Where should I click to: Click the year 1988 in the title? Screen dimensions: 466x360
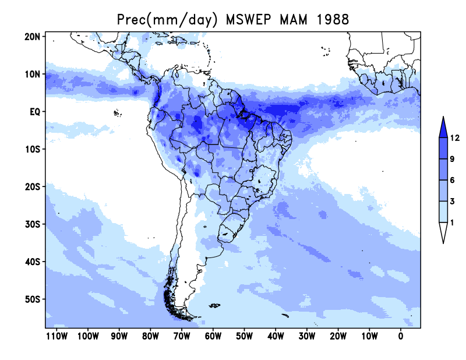point(333,20)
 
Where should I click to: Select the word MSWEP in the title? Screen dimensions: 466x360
point(248,20)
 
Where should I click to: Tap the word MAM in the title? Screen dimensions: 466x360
point(294,20)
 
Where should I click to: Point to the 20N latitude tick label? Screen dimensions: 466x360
point(32,37)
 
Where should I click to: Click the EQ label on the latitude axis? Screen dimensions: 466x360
point(35,112)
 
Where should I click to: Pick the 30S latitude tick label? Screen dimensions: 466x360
point(32,224)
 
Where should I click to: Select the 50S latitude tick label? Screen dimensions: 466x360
point(32,299)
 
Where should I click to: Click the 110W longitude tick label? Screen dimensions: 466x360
point(57,336)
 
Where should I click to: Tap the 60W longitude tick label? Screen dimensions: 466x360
point(213,336)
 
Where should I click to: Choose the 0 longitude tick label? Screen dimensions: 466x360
point(401,336)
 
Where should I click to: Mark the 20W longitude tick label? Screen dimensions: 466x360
point(338,336)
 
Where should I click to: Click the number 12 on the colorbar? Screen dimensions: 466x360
point(455,137)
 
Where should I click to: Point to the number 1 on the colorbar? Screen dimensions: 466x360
point(452,223)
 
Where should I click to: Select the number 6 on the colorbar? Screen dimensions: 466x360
point(453,180)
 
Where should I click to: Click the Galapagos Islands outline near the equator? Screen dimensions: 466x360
point(118,112)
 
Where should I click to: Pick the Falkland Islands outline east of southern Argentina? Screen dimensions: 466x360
point(214,305)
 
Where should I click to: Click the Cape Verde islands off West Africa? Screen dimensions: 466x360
point(326,51)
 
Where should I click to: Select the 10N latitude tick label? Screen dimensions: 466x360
point(32,74)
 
